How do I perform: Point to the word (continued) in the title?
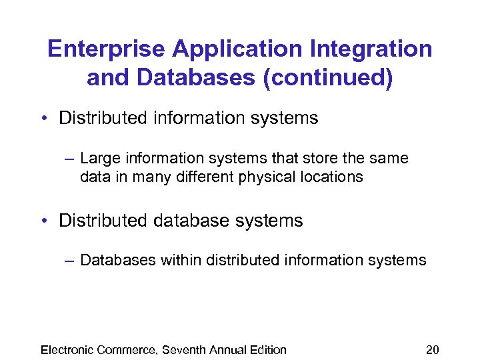coord(328,78)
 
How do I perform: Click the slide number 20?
coord(433,350)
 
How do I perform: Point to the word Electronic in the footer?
coord(67,350)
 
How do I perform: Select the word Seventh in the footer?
coord(184,350)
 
